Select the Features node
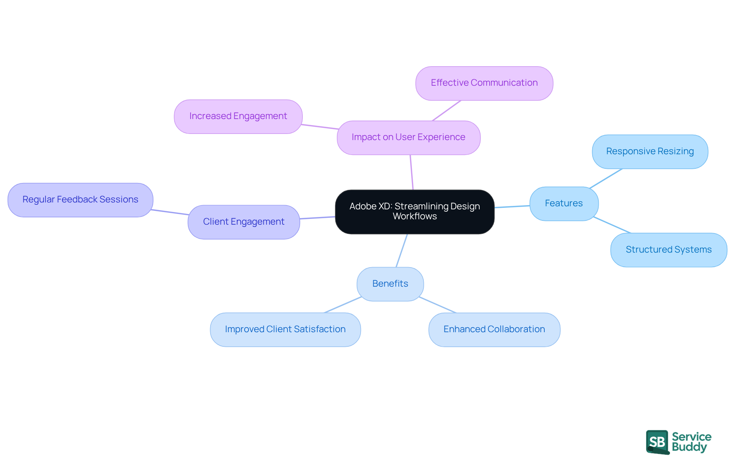coord(563,204)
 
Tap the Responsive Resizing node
coord(650,152)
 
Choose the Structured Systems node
coord(668,250)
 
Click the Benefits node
coord(390,284)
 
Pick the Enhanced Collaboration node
coord(494,330)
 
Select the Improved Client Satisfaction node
coord(285,330)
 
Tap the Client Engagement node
coord(243,222)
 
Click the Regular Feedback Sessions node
coord(80,200)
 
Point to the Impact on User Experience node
coord(408,137)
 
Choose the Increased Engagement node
coord(238,116)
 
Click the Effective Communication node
coord(484,83)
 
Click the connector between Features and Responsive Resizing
coord(606,178)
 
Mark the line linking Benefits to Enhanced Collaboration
coord(438,305)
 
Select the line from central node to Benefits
coord(402,251)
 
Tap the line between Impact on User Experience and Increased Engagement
coord(320,127)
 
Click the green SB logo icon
coord(657,442)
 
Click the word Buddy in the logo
coord(689,447)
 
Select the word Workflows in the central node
coord(415,217)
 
